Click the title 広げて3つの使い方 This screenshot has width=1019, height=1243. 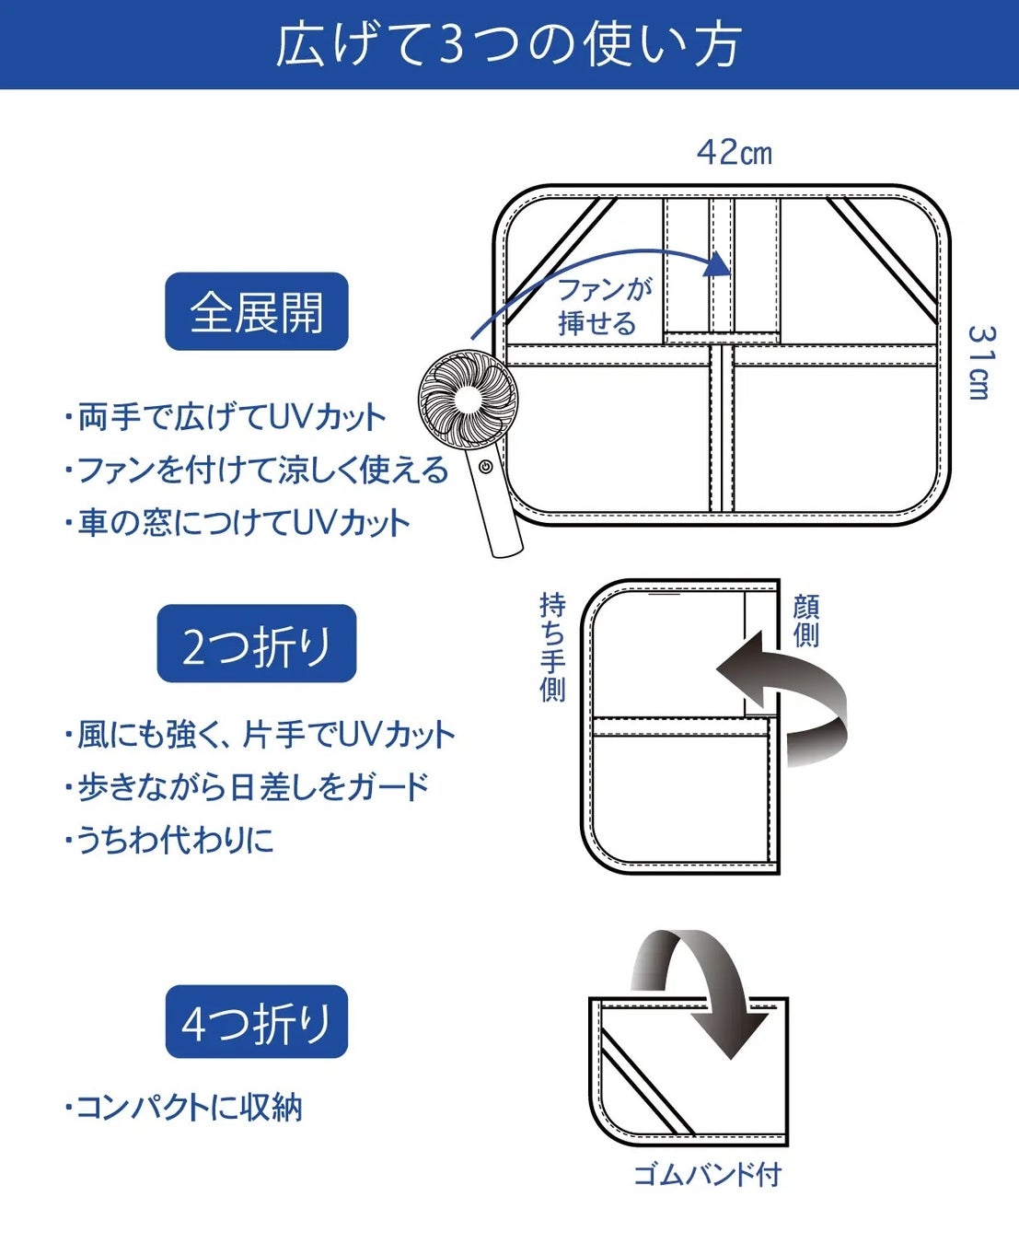[x=508, y=44]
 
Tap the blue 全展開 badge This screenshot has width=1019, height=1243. [x=256, y=312]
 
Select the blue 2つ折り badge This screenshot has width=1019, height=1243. [x=256, y=645]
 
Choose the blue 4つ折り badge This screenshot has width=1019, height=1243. [x=256, y=1022]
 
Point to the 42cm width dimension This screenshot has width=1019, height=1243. [x=734, y=152]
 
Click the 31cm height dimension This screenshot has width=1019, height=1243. [x=981, y=362]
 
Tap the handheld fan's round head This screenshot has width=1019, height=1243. [x=468, y=399]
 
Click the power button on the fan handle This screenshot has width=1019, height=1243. [x=485, y=467]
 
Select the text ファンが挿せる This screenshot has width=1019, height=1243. [x=603, y=306]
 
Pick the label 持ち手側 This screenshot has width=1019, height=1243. [x=552, y=646]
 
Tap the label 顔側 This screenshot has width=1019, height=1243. [x=805, y=621]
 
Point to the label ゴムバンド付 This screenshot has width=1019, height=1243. [x=707, y=1175]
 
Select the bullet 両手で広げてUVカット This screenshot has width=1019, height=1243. [x=226, y=417]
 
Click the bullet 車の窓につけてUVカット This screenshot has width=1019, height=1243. [x=237, y=523]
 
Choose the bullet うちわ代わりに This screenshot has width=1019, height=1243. [x=170, y=840]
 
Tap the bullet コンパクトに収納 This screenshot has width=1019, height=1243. [x=184, y=1107]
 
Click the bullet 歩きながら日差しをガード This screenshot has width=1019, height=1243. [x=247, y=787]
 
